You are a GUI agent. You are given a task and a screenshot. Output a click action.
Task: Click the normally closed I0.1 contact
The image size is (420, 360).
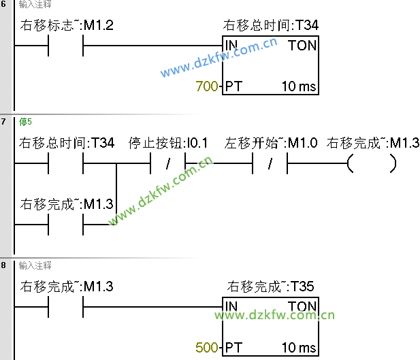click(x=167, y=164)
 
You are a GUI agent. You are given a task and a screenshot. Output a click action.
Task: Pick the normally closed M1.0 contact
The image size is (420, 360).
click(x=270, y=164)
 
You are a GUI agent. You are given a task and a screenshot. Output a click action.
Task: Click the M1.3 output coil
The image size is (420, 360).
click(x=371, y=164)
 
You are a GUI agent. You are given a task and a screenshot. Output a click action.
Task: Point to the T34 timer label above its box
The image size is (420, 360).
click(x=270, y=26)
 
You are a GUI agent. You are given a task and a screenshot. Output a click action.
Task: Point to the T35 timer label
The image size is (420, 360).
click(x=270, y=287)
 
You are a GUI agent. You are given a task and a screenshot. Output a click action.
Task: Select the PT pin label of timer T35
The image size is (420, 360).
click(x=234, y=348)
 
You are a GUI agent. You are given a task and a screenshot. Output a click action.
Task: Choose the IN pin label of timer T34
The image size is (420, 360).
click(x=231, y=46)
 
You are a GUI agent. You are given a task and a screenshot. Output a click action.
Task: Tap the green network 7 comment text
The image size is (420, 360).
click(x=25, y=122)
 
